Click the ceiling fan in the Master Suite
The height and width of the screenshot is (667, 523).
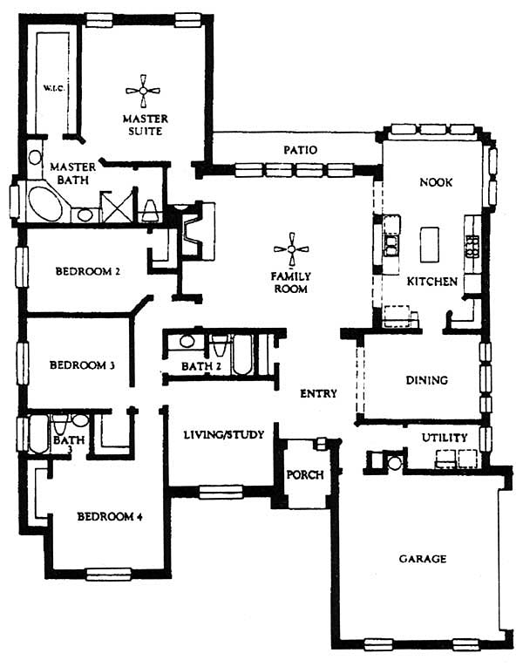coord(143,91)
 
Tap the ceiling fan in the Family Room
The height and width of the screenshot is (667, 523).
coord(291,249)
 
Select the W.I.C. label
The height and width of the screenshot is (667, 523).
coord(54,88)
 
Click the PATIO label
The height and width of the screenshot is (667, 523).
coord(300,150)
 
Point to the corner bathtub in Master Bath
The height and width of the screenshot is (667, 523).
coord(45,204)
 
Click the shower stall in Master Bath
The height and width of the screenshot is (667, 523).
coord(118,207)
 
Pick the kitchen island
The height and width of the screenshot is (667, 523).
coord(430,244)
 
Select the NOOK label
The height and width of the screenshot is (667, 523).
coord(436,182)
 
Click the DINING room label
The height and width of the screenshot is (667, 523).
coord(426,380)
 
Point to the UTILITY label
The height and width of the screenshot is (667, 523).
coord(445,438)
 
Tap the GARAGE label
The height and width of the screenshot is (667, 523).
coord(423,559)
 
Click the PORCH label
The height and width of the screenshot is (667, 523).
coord(305,474)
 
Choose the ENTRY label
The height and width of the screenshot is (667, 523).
coord(318,393)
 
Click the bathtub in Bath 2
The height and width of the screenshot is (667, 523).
coord(243,355)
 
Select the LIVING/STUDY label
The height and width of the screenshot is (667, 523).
coord(224,435)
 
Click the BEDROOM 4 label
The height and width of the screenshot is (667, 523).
coord(110,517)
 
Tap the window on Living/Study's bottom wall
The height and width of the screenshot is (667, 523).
coord(221,492)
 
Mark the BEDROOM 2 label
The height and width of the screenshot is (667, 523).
coord(87,271)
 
